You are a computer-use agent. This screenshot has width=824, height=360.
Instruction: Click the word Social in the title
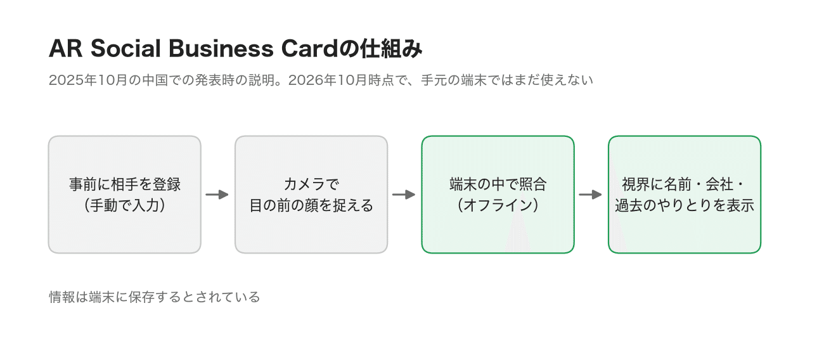(x=126, y=49)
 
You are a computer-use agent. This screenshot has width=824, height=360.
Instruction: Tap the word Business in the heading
(x=221, y=49)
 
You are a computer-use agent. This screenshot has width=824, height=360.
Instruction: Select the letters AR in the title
(x=65, y=49)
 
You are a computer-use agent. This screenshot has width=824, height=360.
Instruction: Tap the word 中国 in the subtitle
(x=155, y=80)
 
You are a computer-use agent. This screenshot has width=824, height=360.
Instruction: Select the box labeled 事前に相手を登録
(x=125, y=195)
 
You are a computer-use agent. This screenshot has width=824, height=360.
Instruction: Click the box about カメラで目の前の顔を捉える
(x=311, y=195)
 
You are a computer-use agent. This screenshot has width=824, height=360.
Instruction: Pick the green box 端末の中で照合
(x=498, y=195)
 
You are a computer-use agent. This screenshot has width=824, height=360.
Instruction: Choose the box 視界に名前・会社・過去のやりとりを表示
(x=685, y=195)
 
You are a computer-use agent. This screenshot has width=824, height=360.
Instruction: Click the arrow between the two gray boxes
(x=217, y=194)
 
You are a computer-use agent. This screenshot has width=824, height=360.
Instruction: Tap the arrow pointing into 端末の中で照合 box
(x=404, y=194)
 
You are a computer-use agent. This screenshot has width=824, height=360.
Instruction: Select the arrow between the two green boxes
(x=590, y=194)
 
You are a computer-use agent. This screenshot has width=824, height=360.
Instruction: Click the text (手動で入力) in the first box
(x=125, y=205)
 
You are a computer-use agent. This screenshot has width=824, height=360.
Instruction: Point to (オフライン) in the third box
(x=498, y=205)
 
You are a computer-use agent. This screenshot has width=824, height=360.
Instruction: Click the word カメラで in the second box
(x=311, y=184)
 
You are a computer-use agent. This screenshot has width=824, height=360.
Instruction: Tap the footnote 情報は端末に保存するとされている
(x=155, y=297)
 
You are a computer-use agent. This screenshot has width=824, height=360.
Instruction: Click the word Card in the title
(x=310, y=49)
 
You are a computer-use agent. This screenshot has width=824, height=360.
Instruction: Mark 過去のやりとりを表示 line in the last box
(x=685, y=205)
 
